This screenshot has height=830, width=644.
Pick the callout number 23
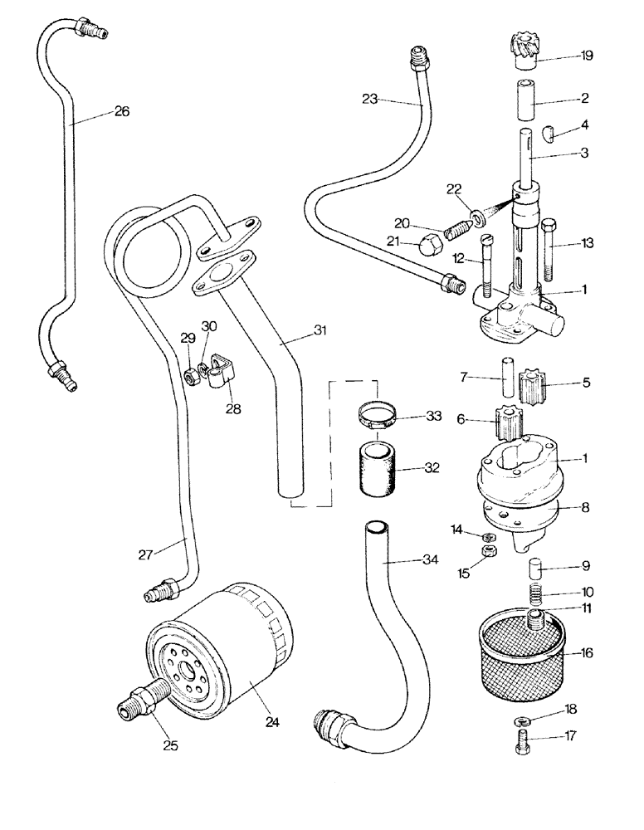(x=370, y=99)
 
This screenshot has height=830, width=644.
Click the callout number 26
(x=122, y=111)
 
